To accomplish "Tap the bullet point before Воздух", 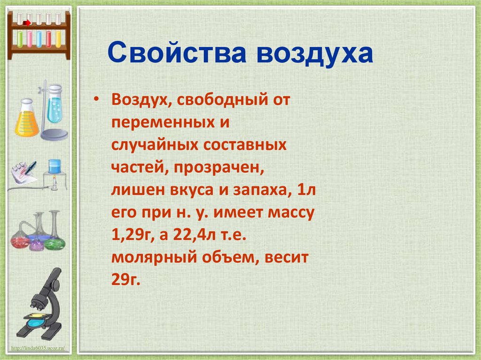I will [96, 100].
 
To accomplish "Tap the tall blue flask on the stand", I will [54, 106].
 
